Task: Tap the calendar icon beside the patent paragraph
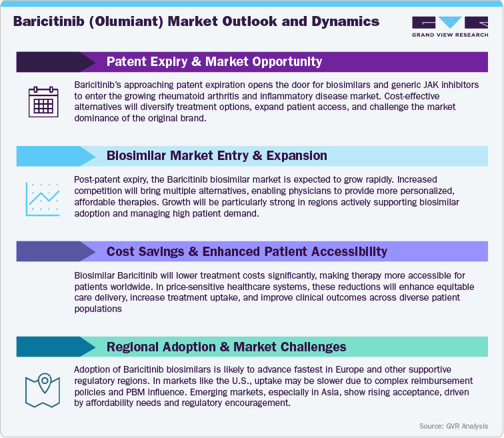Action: coord(43,102)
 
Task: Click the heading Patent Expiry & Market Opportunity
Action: coord(214,62)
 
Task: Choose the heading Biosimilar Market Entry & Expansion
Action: coord(217,156)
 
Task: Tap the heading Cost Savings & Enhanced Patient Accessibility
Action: coord(247,251)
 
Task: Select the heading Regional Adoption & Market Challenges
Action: coord(226,347)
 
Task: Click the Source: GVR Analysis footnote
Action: coord(453,426)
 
